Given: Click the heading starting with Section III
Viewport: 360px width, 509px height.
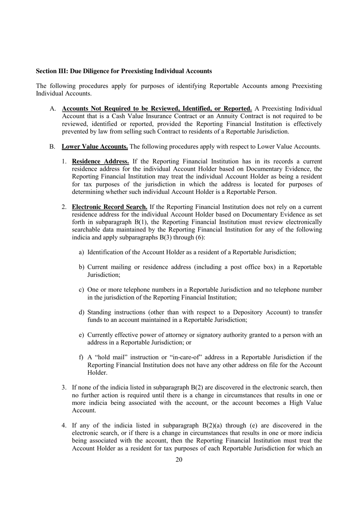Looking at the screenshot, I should coord(124,71).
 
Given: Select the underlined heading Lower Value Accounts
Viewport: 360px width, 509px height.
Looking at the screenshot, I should coord(95,146).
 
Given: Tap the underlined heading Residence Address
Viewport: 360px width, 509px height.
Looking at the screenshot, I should coord(100,162).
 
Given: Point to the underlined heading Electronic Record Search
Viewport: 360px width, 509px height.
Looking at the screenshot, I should coord(110,207).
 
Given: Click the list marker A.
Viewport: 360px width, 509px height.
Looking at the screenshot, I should coord(53,109).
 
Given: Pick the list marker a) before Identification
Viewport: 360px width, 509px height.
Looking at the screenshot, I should coord(81,252).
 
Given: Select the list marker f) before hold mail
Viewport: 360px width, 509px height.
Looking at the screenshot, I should coord(81,357).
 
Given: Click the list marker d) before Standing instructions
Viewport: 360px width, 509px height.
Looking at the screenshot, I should coord(81,313).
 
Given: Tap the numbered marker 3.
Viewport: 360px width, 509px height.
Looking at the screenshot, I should coord(64,388).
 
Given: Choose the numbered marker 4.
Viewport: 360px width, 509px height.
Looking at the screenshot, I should coord(64,426).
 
